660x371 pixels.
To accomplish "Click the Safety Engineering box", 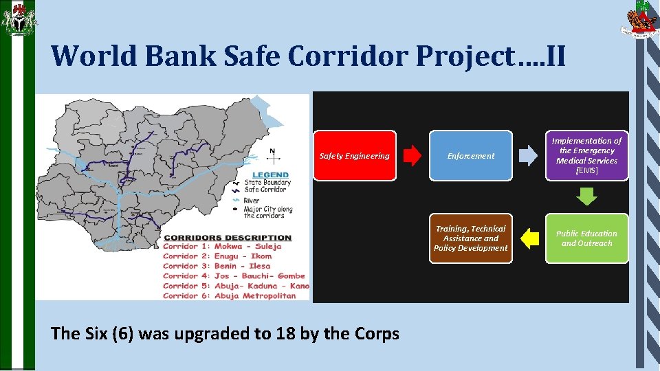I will coord(354,156).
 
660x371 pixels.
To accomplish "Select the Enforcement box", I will coord(471,156).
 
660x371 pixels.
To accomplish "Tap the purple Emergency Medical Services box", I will coord(586,156).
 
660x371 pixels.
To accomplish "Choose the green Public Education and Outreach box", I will coord(586,238).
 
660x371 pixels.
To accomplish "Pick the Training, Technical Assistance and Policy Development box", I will coord(471,238).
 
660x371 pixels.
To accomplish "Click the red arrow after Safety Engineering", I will coord(412,156).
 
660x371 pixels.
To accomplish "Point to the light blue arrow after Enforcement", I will coord(528,156).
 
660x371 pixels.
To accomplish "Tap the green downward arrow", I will coord(586,197).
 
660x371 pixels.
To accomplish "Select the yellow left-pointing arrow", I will coord(529,238).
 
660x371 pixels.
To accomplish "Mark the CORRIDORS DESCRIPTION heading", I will coord(228,238).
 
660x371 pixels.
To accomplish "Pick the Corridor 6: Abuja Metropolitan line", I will coord(230,295).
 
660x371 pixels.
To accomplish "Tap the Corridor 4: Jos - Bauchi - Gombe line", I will coord(234,276).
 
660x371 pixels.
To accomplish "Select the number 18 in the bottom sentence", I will coord(284,334).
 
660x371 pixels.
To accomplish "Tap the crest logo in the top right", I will coord(639,21).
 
